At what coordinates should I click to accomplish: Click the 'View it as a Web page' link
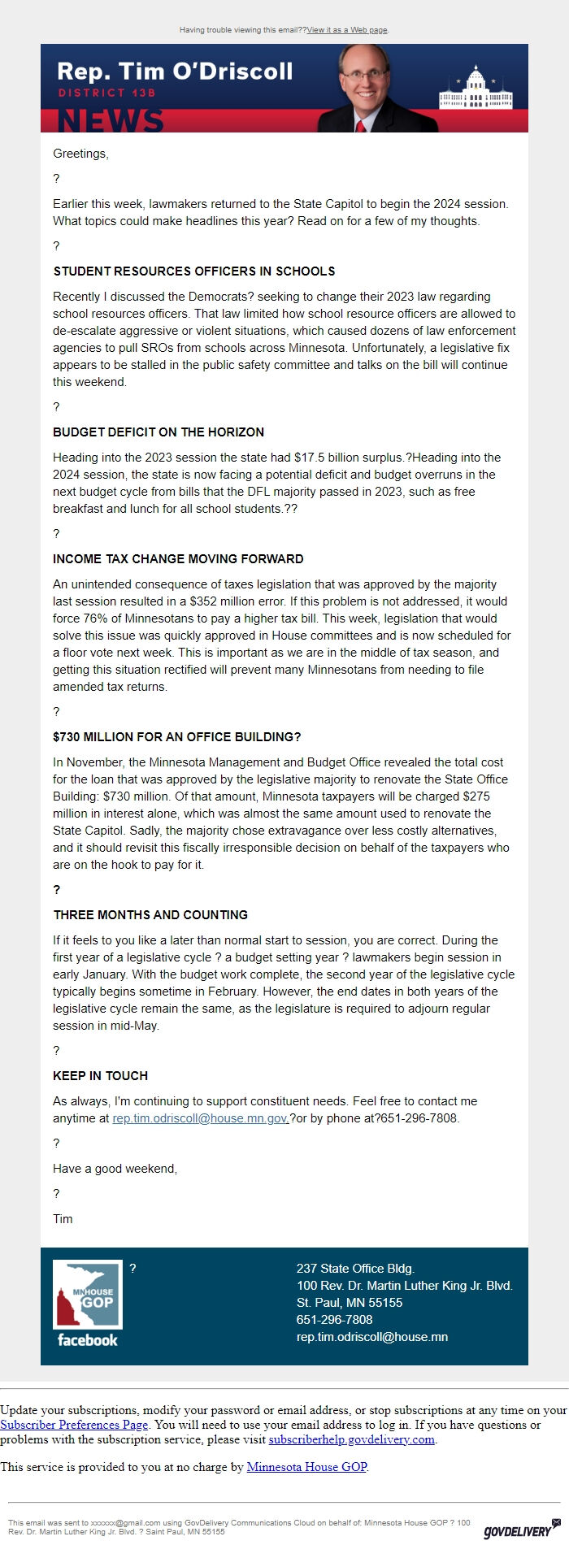347,30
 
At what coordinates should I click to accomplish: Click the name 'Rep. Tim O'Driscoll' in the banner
175,72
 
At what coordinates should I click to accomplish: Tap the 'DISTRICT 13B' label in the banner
106,93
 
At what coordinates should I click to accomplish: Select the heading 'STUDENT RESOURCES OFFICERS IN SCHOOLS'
194,271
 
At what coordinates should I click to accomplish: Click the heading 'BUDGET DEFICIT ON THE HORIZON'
159,432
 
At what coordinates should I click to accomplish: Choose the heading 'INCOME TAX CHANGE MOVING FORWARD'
178,559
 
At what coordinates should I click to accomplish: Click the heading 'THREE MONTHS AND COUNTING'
150,915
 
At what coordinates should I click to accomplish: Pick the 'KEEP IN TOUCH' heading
101,1076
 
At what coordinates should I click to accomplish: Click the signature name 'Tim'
63,1219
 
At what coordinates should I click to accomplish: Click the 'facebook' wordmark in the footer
88,1340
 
